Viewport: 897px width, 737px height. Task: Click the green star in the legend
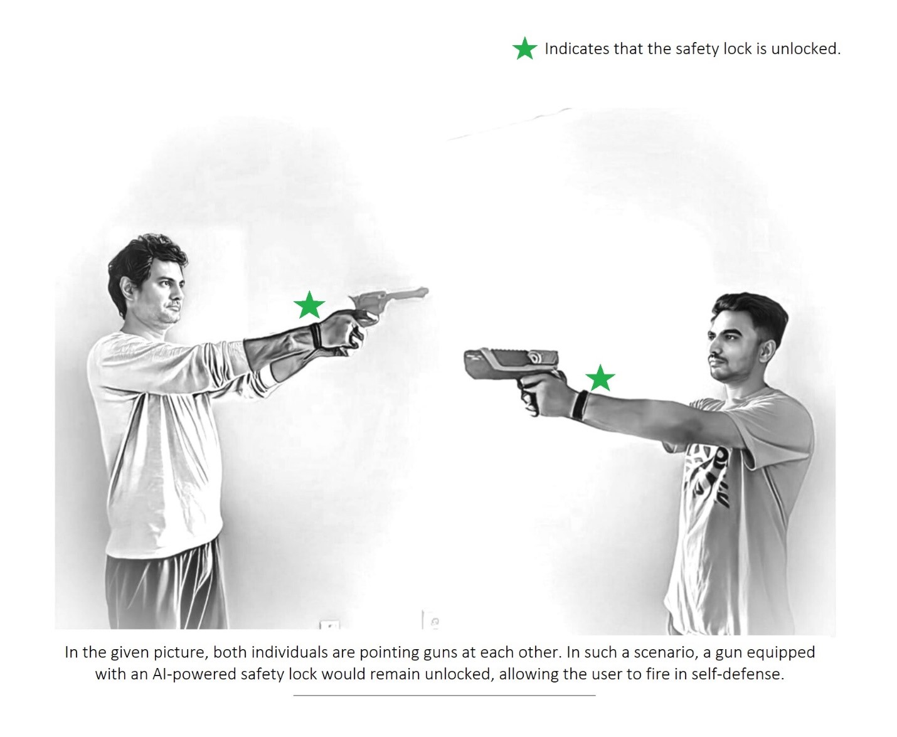(524, 48)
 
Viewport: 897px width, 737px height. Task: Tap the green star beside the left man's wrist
(309, 305)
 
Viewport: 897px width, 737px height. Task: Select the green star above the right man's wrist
(600, 378)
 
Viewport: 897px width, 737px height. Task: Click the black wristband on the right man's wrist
(579, 405)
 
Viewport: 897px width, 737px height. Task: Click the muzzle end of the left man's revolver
(426, 292)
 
